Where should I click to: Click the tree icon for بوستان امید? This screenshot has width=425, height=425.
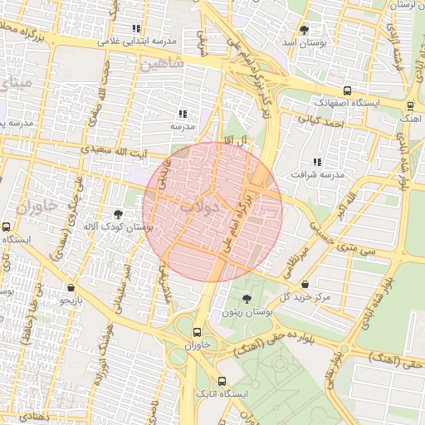(x=304, y=29)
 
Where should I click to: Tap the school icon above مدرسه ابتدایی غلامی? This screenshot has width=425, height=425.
(x=136, y=29)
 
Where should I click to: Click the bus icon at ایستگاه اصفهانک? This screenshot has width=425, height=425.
(x=346, y=91)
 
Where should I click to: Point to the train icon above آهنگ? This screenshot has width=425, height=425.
(x=410, y=106)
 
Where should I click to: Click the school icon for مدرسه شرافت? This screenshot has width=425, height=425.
(x=316, y=162)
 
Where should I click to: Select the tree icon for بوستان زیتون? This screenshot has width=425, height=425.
(x=246, y=299)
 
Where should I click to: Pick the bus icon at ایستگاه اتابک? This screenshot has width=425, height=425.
(x=221, y=380)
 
